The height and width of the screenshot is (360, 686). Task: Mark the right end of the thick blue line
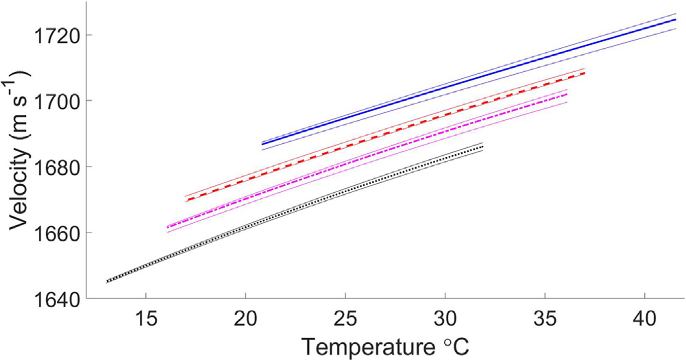click(675, 20)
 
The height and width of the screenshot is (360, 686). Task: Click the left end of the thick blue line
click(262, 144)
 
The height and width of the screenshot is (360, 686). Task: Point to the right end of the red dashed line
click(585, 73)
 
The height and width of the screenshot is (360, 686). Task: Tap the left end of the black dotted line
click(107, 281)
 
